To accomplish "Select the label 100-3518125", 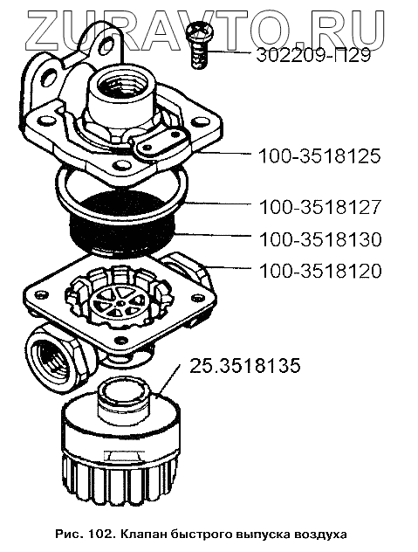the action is [x=319, y=156].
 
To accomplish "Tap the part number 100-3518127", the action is [x=320, y=207].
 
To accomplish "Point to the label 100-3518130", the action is [x=320, y=239].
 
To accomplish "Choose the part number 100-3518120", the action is [x=320, y=272].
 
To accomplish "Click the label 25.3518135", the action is [x=245, y=366].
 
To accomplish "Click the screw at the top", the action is [x=199, y=44].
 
